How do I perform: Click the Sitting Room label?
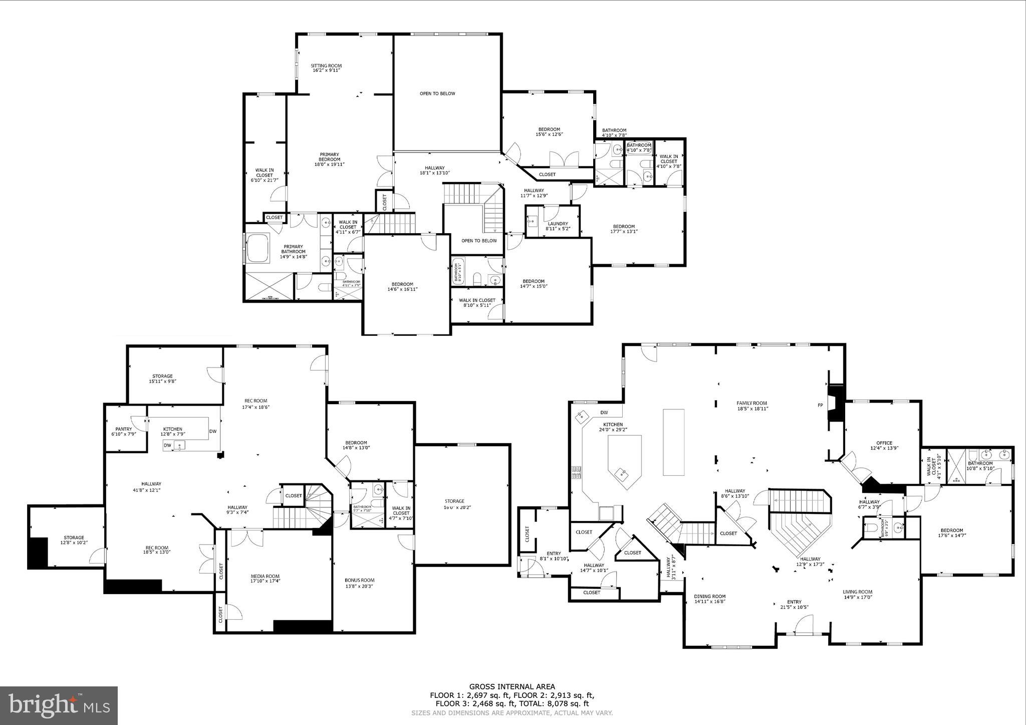(326, 68)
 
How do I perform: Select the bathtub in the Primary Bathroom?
(258, 247)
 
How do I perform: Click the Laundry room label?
(558, 226)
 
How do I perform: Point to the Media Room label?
(265, 579)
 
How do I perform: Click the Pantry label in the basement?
(123, 432)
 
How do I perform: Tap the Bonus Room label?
(359, 583)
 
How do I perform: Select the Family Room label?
(751, 406)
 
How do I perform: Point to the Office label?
(884, 445)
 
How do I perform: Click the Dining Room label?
(710, 599)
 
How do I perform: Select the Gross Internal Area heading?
(512, 687)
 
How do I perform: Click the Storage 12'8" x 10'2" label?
(74, 540)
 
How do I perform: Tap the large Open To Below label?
(437, 94)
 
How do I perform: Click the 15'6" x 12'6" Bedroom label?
(549, 132)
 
